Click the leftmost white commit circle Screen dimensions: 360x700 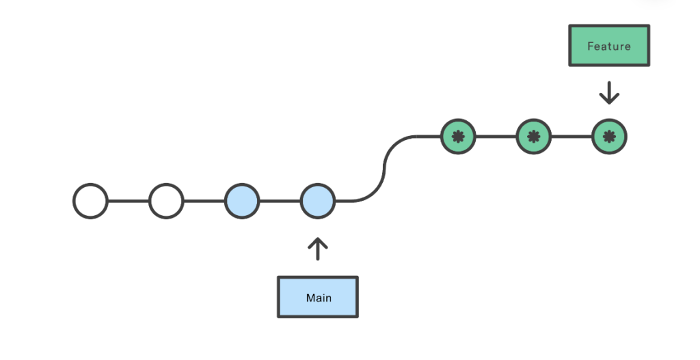[90, 201]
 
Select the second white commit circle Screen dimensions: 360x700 [166, 201]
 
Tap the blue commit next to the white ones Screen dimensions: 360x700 [242, 201]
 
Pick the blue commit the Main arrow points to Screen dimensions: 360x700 [317, 201]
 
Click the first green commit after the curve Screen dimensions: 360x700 [458, 137]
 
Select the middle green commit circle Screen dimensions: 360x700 [533, 137]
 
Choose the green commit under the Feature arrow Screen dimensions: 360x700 [609, 137]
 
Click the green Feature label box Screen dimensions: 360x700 [609, 46]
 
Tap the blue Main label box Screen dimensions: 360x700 [317, 297]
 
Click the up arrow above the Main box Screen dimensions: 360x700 [317, 249]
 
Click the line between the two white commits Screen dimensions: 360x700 [129, 201]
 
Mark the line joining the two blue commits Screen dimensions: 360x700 [280, 201]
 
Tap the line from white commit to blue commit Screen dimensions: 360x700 [204, 201]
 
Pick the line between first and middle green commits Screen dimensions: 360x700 [496, 137]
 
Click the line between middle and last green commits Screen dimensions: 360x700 [571, 137]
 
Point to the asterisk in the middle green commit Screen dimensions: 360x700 [533, 137]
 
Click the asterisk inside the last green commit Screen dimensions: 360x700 [609, 137]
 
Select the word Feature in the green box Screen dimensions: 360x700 [609, 46]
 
